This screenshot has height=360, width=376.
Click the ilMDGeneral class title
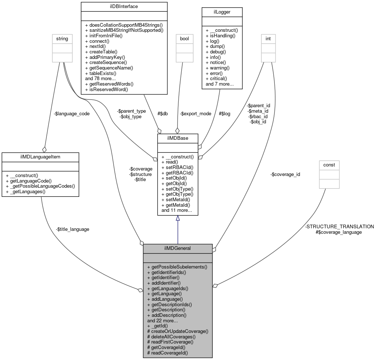pyautogui.click(x=178, y=248)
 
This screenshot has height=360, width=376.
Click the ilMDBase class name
pyautogui.click(x=178, y=138)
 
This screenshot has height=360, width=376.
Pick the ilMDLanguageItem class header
pyautogui.click(x=40, y=157)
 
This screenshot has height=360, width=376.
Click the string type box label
pyautogui.click(x=62, y=38)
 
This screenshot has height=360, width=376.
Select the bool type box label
pyautogui.click(x=184, y=38)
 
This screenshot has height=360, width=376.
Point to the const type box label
pyautogui.click(x=329, y=165)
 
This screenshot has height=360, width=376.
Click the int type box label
pyautogui.click(x=268, y=38)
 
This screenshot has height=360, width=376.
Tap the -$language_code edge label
pyautogui.click(x=72, y=114)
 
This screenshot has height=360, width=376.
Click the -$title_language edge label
pyautogui.click(x=72, y=229)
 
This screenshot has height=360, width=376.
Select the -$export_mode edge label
pyautogui.click(x=195, y=114)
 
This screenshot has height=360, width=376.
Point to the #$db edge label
pyautogui.click(x=162, y=114)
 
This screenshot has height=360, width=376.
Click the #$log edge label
pyautogui.click(x=224, y=114)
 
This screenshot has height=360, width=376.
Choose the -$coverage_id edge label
pyautogui.click(x=285, y=174)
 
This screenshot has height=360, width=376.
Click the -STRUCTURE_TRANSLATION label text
pyautogui.click(x=339, y=227)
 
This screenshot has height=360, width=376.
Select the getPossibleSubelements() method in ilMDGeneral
pyautogui.click(x=177, y=267)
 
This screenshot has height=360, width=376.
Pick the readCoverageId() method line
pyautogui.click(x=167, y=353)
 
